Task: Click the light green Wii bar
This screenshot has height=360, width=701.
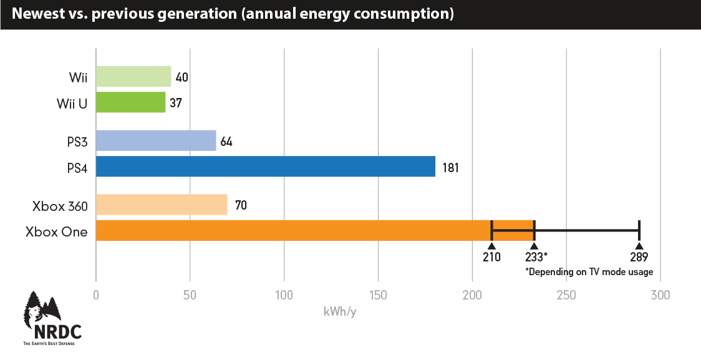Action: (133, 77)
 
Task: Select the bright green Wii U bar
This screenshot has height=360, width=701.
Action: (130, 102)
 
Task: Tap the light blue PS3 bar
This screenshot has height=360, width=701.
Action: (155, 141)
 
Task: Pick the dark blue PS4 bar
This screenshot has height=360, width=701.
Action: (265, 167)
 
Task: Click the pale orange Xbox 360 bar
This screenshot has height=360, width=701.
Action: (161, 205)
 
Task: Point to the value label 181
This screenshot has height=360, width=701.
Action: (450, 167)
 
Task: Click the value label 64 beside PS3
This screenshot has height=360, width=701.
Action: (226, 142)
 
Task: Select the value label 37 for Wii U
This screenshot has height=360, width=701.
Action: (176, 103)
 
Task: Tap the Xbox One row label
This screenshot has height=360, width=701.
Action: (57, 231)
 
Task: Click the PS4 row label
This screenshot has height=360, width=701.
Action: (77, 168)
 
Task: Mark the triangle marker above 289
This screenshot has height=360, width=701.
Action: (639, 246)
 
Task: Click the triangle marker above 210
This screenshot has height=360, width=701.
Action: (491, 246)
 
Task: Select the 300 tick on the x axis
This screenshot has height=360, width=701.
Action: (660, 295)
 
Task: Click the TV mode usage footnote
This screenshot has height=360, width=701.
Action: (589, 271)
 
